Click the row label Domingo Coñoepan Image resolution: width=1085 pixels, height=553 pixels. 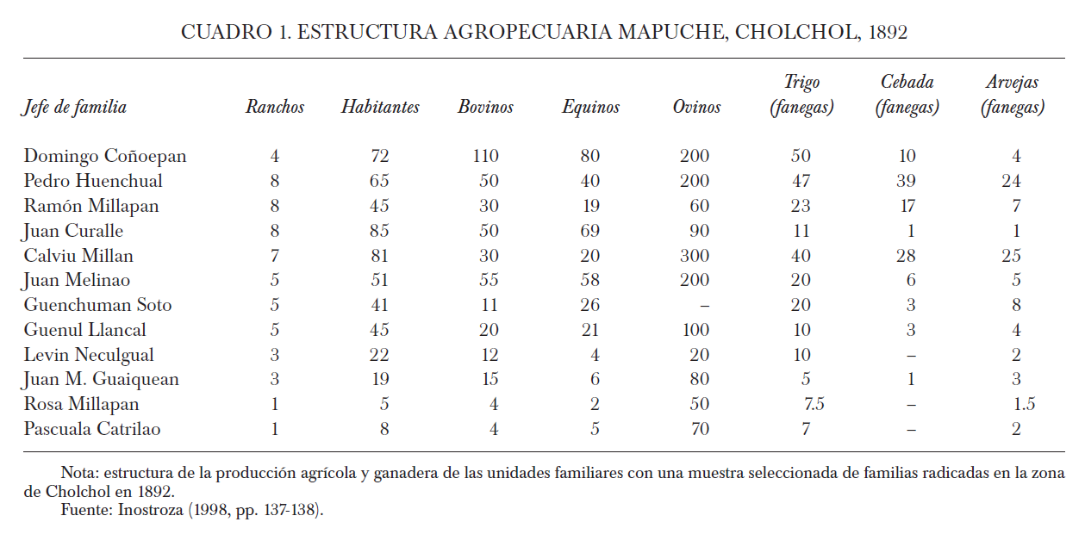(104, 156)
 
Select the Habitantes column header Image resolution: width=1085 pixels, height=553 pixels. (380, 107)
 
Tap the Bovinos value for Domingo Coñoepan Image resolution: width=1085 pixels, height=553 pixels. (485, 156)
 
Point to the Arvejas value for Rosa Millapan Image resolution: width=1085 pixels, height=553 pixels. (1024, 404)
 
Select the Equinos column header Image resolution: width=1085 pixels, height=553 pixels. (590, 107)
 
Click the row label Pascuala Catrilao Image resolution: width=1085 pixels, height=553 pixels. (92, 429)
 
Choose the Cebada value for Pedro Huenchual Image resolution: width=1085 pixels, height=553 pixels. (906, 181)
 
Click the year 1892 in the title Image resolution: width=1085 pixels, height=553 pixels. (888, 32)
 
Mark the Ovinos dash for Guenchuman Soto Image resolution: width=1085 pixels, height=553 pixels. (705, 306)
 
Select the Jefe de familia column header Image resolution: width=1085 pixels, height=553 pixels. (75, 107)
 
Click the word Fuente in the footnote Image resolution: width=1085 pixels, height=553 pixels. (84, 510)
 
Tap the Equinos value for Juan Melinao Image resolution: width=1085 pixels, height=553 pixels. (589, 281)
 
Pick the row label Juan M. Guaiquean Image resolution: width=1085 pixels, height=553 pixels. (102, 379)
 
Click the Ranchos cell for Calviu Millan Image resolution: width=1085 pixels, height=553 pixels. (275, 256)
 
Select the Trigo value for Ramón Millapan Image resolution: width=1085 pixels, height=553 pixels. (801, 206)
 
